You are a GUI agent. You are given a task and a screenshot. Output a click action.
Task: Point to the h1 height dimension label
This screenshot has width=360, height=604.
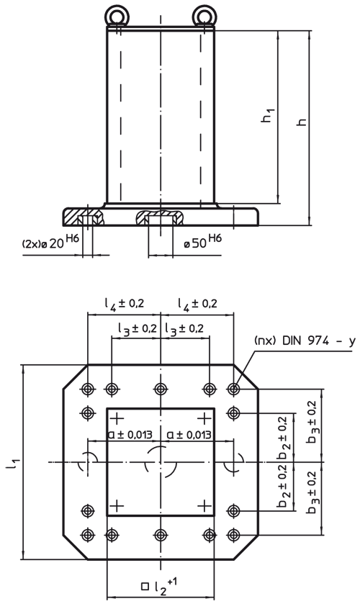click(x=269, y=116)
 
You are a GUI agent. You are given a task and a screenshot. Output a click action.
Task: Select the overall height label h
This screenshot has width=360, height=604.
click(x=302, y=121)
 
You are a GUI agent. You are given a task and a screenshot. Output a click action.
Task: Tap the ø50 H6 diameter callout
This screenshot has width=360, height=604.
click(x=203, y=242)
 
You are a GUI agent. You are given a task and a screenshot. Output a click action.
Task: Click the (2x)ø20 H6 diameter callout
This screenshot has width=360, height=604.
click(x=50, y=242)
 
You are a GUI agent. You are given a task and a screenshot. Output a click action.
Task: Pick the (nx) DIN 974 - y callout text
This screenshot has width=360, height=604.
click(x=305, y=341)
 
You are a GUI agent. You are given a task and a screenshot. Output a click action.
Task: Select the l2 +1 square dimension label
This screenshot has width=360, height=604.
click(x=159, y=586)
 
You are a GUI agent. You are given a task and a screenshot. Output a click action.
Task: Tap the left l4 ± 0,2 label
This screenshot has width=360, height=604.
click(x=124, y=305)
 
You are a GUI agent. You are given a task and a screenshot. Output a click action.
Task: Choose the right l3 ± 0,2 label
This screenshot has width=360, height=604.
click(x=184, y=328)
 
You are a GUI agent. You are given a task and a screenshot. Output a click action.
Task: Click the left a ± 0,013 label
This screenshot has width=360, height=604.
click(x=130, y=435)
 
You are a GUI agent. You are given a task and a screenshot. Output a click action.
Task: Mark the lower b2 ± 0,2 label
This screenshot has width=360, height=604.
click(x=283, y=486)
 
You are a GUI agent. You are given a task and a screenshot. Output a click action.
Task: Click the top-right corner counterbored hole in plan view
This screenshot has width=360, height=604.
click(x=233, y=389)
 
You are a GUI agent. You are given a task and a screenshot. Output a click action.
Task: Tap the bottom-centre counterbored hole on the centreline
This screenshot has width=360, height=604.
click(x=161, y=535)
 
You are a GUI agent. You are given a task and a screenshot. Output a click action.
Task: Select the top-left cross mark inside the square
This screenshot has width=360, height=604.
click(x=117, y=418)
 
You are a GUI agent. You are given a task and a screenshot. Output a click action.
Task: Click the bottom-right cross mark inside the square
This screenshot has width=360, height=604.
click(x=204, y=505)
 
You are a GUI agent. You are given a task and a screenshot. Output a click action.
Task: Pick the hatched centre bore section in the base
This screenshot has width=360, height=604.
click(x=161, y=217)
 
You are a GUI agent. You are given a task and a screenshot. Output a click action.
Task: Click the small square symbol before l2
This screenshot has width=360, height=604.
click(x=145, y=586)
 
